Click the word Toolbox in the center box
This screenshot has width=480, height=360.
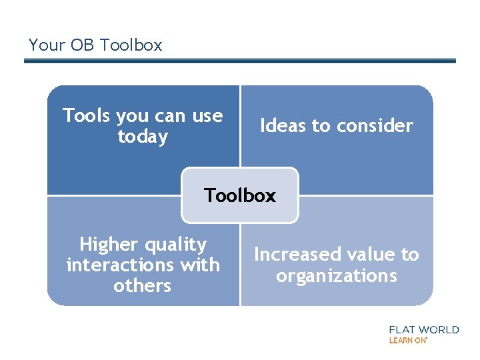click(240, 195)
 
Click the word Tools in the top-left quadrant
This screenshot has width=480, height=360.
click(87, 116)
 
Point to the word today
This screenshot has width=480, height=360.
click(143, 137)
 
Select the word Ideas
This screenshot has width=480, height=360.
click(281, 125)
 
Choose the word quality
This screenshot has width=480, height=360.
click(177, 245)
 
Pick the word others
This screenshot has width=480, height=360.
click(143, 286)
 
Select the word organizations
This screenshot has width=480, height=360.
click(337, 275)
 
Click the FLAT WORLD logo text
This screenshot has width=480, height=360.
click(423, 329)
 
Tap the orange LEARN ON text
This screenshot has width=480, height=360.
click(407, 340)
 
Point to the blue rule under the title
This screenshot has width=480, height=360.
click(240, 61)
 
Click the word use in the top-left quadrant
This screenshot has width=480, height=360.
click(207, 116)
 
